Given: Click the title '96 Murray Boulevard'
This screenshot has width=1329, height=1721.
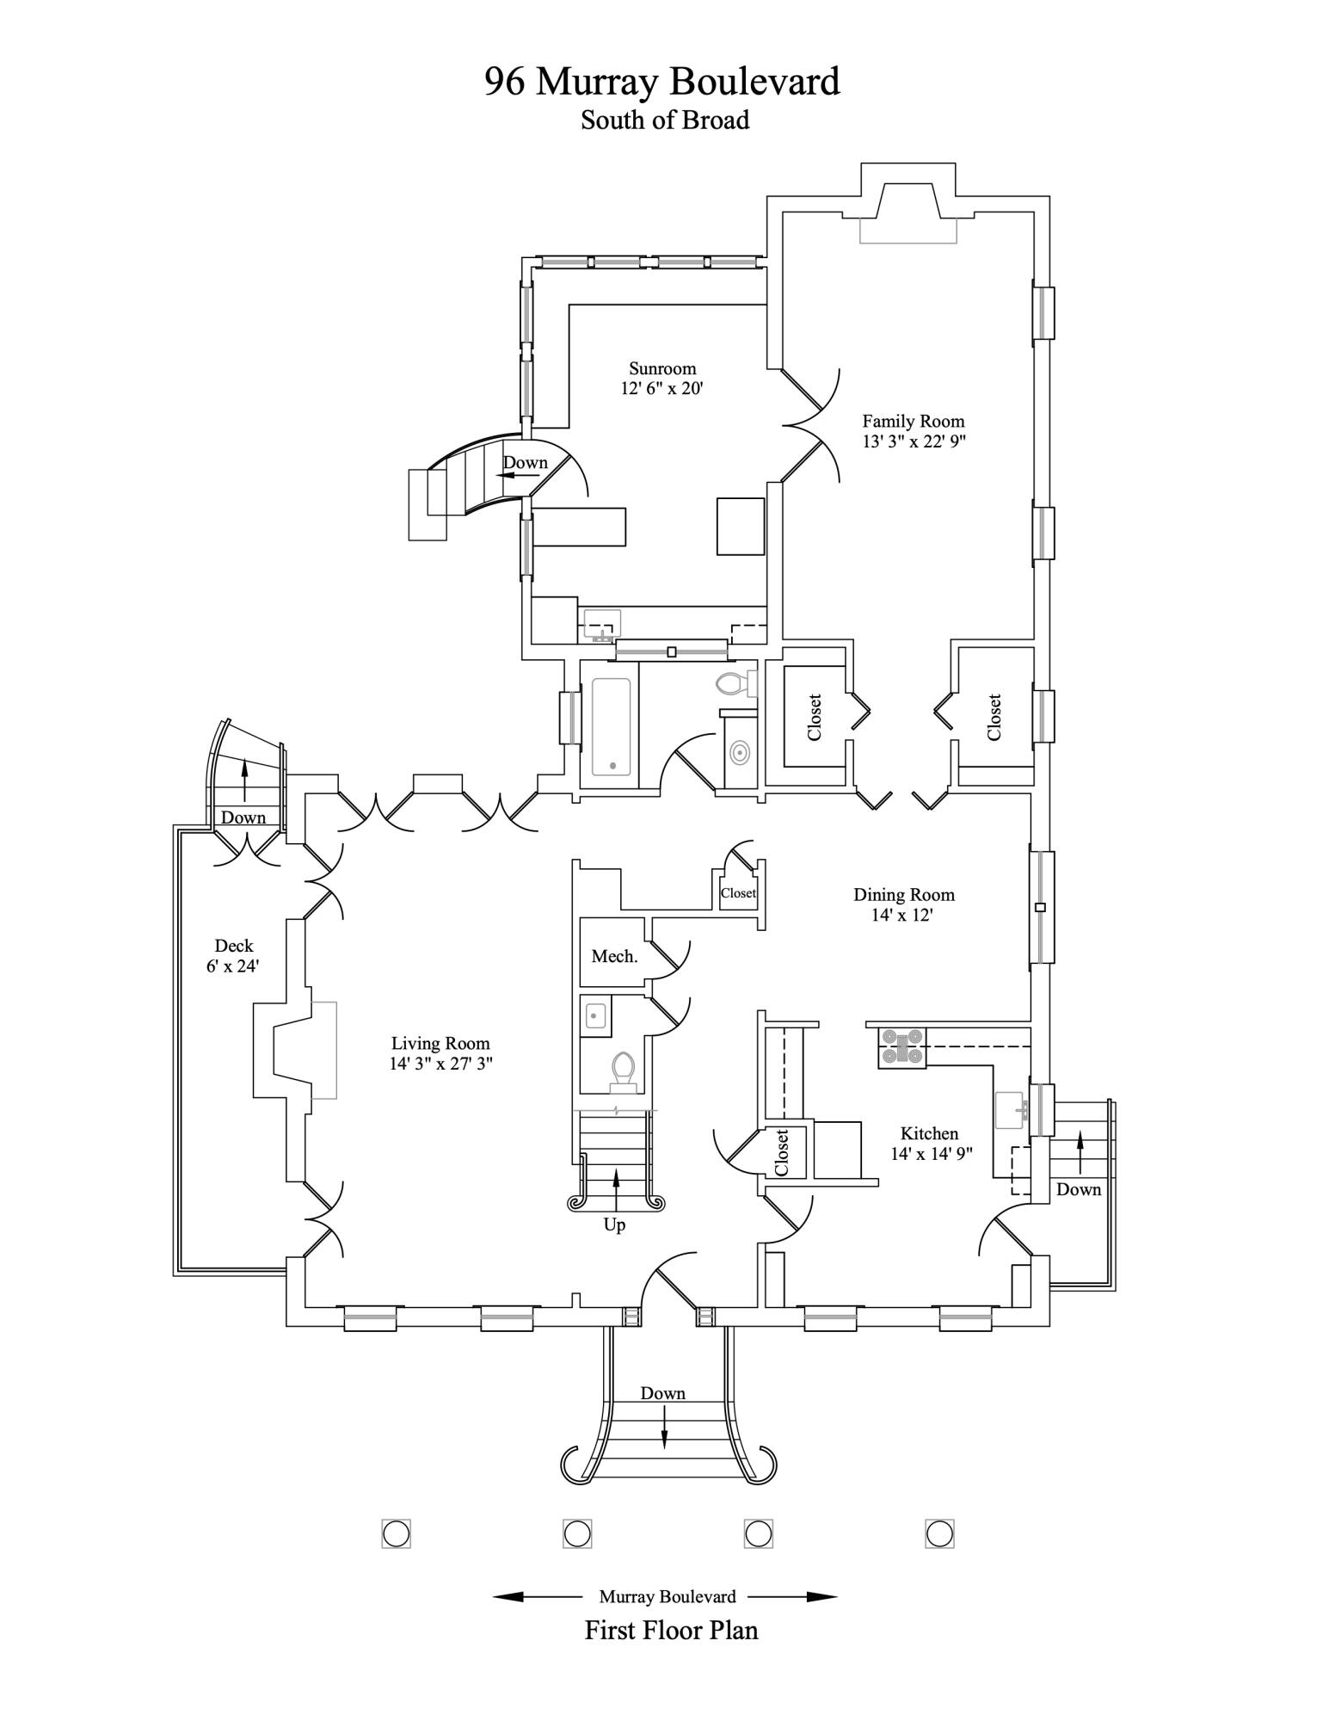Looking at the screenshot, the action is tap(662, 82).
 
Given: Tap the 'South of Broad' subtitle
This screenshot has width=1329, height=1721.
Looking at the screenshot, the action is tap(665, 120).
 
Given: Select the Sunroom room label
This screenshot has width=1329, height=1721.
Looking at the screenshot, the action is tap(662, 368).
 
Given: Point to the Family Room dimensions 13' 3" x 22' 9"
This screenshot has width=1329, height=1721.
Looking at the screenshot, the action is tap(914, 441).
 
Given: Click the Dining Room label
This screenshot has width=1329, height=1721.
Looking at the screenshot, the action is tap(904, 895).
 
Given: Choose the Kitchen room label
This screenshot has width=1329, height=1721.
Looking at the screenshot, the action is tap(929, 1133).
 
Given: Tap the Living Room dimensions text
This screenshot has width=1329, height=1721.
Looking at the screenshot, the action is tap(440, 1064).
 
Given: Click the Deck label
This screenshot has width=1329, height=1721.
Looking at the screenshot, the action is tap(234, 946).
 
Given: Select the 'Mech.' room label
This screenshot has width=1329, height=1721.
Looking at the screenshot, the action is tap(614, 956).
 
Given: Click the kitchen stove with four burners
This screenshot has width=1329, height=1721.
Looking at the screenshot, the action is tap(901, 1047).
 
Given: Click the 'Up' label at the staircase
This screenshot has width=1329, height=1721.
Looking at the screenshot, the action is tap(614, 1224).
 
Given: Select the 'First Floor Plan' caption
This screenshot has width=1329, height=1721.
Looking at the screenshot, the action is tap(672, 1630).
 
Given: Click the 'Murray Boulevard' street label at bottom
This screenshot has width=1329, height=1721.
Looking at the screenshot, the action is tap(668, 1597).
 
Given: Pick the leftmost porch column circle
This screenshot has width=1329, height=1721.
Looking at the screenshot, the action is tap(396, 1533).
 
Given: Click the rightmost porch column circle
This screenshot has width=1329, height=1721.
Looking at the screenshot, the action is tap(939, 1533).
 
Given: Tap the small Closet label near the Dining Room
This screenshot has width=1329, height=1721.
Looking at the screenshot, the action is tap(738, 892).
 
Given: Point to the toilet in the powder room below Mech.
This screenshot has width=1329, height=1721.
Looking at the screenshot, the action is tap(623, 1070).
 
